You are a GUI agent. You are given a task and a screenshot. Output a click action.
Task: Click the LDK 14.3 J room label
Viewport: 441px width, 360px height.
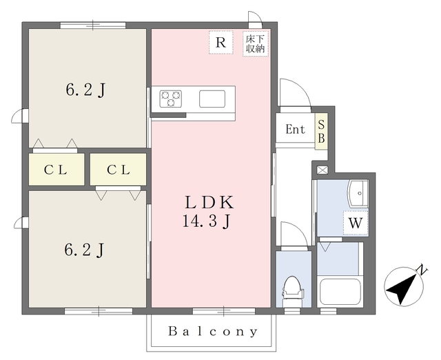pos(208,212)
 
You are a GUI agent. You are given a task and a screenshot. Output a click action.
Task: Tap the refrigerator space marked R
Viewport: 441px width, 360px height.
pos(220,42)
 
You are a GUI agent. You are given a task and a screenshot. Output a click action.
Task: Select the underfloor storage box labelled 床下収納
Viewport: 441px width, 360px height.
pos(256,43)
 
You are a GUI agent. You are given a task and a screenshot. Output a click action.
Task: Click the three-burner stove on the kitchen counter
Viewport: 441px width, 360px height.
pos(170,99)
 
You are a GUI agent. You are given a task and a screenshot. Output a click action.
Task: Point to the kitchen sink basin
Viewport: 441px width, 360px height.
pos(212,99)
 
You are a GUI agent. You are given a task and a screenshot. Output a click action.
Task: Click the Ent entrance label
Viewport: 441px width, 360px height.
pos(295,130)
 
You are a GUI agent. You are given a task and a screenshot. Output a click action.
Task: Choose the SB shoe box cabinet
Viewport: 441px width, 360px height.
pos(321,132)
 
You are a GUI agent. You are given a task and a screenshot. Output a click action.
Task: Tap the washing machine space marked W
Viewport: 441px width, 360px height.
pos(356,223)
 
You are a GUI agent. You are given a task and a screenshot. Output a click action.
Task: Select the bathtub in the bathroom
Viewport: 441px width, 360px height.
pos(340,292)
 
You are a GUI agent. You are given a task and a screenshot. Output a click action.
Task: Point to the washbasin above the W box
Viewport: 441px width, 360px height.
pos(358,193)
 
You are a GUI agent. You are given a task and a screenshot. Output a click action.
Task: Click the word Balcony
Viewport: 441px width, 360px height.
pos(213,332)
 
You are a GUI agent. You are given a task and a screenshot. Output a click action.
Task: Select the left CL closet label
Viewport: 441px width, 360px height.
pos(55,170)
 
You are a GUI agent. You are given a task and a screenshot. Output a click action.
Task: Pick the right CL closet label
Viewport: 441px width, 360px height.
pos(119,170)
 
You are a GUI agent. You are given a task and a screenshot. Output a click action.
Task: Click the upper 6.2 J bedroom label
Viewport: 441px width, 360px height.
pos(85,90)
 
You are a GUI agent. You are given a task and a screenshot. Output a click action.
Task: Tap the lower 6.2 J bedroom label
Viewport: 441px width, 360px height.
pos(84,250)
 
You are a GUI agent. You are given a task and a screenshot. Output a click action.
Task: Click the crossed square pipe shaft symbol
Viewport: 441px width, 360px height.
pos(322,170)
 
